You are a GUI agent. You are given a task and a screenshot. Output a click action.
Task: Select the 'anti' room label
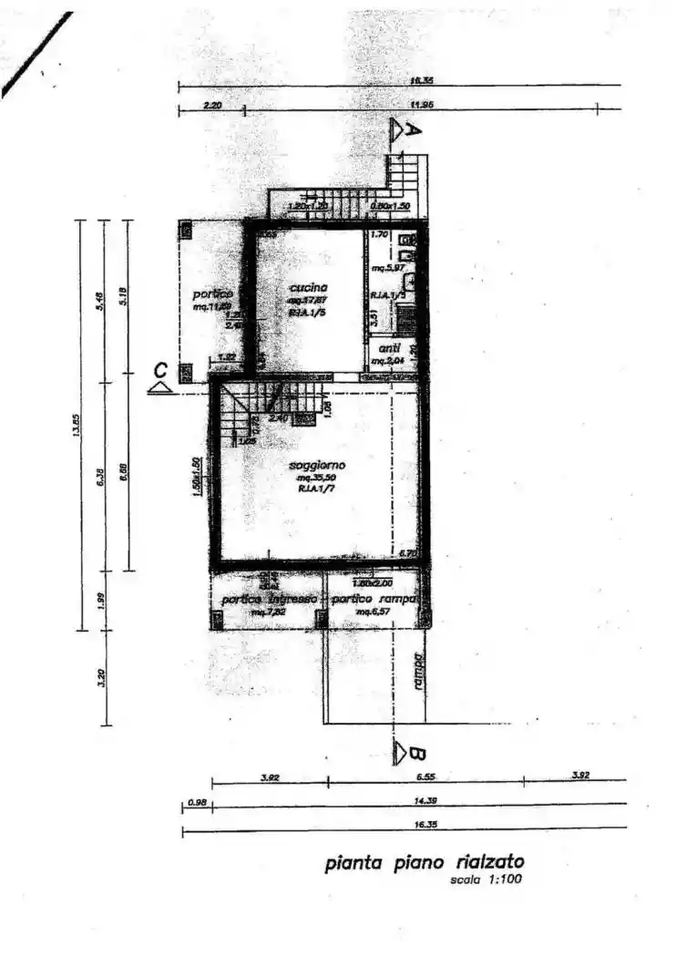click(390, 349)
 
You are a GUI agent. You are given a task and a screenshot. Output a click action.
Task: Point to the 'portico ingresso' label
click(270, 600)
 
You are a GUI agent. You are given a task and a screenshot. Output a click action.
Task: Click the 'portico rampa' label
click(374, 600)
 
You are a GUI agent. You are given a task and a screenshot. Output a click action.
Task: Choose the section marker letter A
click(412, 130)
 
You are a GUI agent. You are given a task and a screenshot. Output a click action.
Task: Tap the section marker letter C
click(160, 370)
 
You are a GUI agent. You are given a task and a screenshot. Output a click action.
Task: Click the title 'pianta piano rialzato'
click(425, 862)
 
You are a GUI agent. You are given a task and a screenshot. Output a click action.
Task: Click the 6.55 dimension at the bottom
click(426, 777)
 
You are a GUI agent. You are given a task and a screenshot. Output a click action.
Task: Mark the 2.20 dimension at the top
click(212, 105)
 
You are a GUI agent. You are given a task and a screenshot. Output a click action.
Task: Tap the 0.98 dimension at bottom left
click(196, 802)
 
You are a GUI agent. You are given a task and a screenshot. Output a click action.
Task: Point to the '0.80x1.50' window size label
click(390, 206)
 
